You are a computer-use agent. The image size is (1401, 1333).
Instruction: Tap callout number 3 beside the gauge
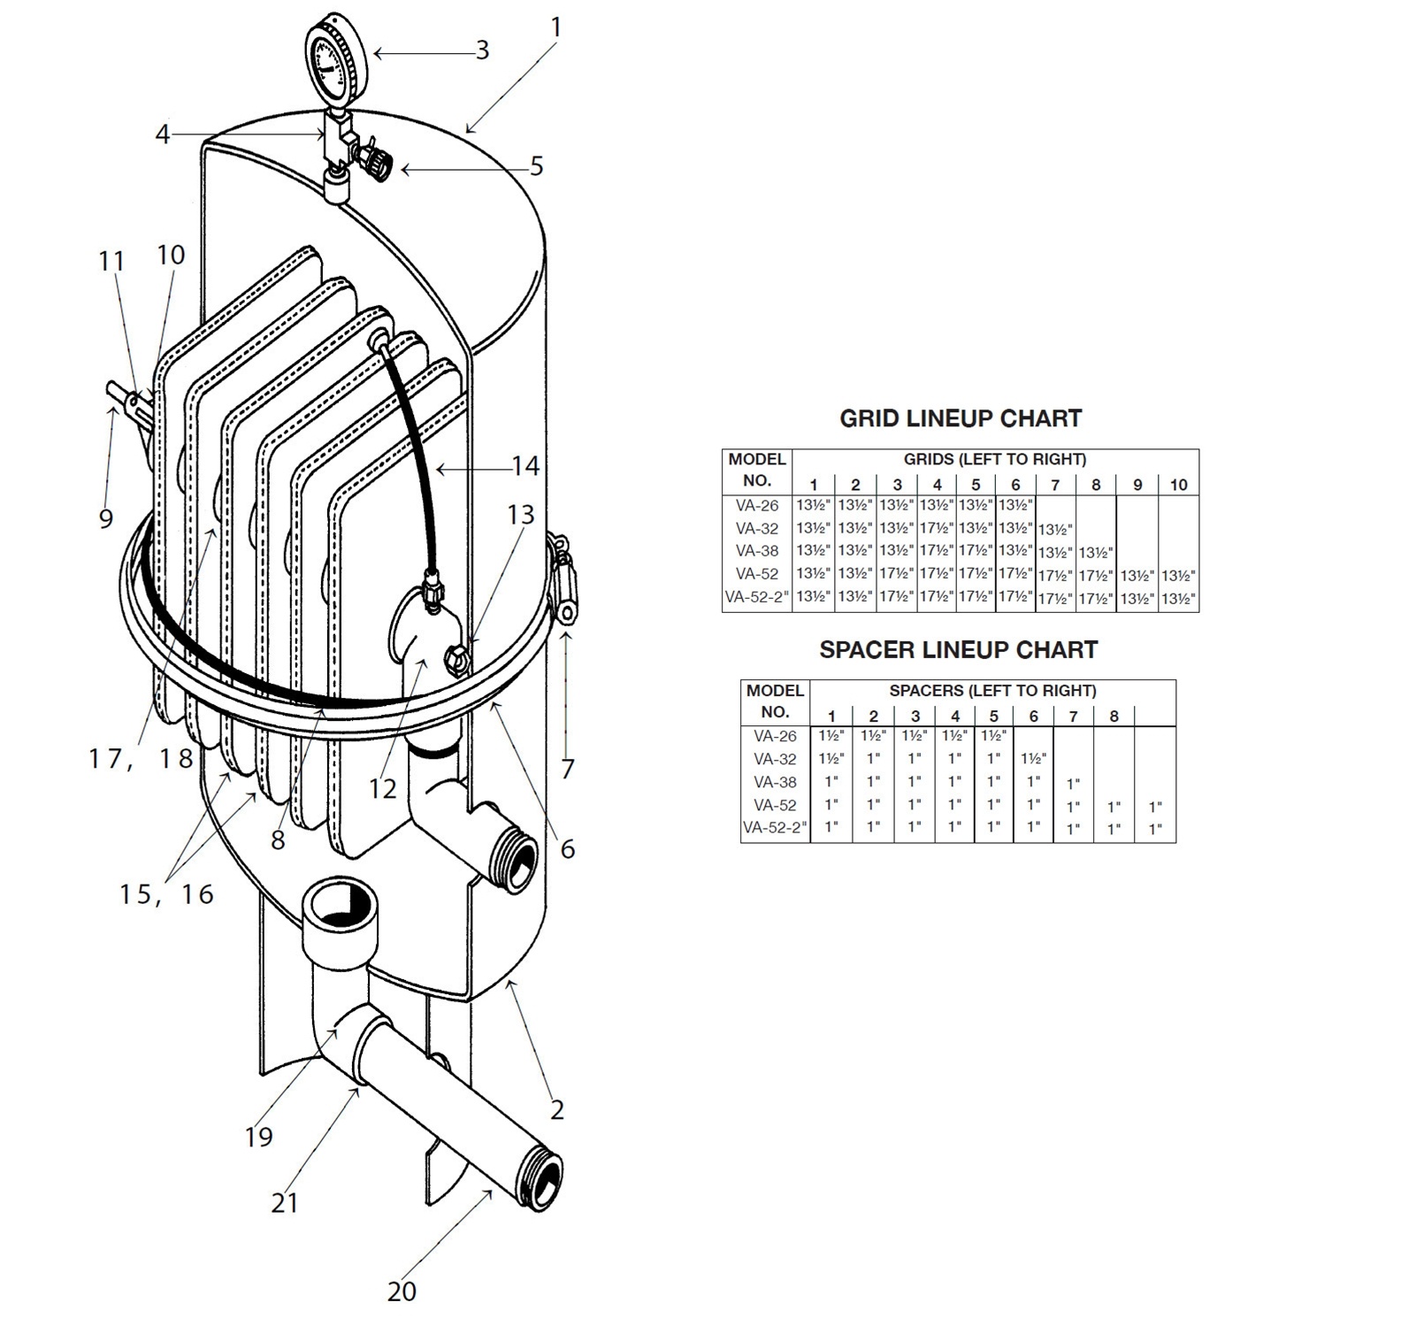(482, 50)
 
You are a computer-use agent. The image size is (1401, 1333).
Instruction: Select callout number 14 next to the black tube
(525, 466)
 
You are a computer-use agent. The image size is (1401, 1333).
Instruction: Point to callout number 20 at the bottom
(402, 1292)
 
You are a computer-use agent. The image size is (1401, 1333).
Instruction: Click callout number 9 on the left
(106, 518)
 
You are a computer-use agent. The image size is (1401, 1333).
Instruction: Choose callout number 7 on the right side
(567, 769)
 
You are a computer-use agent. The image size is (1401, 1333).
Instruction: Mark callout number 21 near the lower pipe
(284, 1203)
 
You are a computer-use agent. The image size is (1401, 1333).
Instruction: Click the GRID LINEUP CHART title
(961, 418)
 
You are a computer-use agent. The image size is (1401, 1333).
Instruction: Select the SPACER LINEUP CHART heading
(958, 650)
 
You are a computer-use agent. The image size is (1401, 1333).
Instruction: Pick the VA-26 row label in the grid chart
(757, 506)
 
